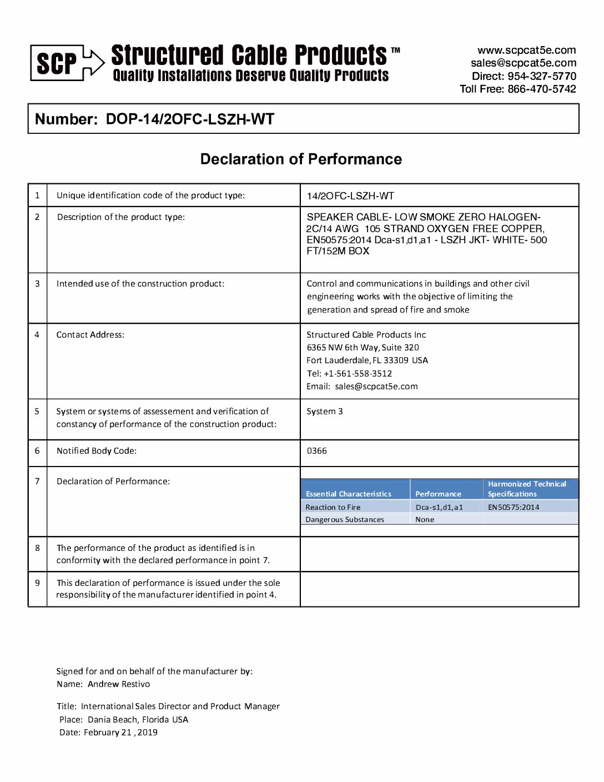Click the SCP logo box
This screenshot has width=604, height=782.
(57, 63)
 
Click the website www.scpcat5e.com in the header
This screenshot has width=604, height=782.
(526, 50)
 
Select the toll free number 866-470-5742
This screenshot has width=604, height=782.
(542, 89)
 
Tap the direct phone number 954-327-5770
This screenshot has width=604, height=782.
(542, 76)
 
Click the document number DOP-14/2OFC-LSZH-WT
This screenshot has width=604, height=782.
(190, 119)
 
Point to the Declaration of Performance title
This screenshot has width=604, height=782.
(301, 159)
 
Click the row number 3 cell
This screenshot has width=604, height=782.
(37, 284)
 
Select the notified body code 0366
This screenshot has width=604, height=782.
(317, 451)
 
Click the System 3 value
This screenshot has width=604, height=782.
(325, 412)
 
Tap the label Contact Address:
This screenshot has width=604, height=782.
(90, 335)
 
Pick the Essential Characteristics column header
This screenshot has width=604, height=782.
(349, 494)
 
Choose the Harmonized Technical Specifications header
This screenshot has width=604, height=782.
(527, 489)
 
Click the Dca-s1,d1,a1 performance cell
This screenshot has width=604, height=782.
(439, 507)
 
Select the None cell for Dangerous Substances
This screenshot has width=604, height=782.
(425, 520)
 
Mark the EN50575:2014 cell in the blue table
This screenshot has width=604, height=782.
(514, 507)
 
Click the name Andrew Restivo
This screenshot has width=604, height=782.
(119, 684)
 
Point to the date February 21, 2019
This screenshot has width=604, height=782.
(120, 733)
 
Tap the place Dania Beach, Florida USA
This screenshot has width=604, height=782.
(138, 720)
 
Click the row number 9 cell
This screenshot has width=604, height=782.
(37, 583)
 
